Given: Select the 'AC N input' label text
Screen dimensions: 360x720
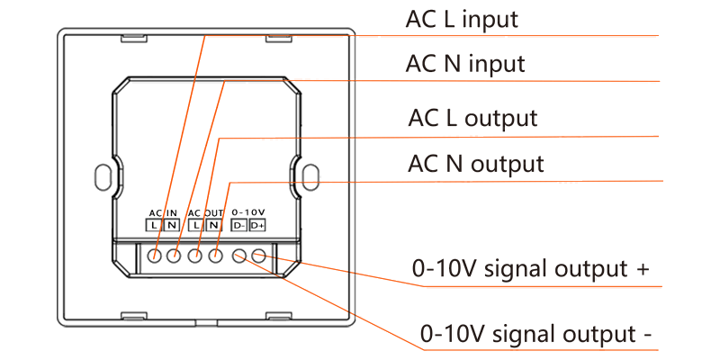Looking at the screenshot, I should (465, 64).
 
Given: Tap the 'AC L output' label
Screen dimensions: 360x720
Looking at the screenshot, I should (472, 118).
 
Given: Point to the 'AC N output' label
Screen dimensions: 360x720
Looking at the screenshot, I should (476, 164).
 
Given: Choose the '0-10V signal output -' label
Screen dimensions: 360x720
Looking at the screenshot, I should (536, 334).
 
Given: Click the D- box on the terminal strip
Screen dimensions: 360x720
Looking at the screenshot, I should (238, 225).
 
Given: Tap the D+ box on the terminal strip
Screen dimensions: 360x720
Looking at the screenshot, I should (257, 225).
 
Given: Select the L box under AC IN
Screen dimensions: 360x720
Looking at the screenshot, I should (154, 225).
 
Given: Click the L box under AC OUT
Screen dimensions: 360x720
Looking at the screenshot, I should (195, 225).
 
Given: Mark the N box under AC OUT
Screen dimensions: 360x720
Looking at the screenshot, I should (212, 225).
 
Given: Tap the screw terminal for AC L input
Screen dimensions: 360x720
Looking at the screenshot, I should (155, 256).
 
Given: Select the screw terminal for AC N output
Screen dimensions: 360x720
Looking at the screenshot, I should (216, 256).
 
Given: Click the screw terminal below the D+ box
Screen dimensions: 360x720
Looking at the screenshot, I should (258, 256).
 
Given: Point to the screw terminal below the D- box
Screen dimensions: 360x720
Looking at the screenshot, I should (239, 256).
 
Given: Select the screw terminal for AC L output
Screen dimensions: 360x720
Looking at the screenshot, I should (195, 256).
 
